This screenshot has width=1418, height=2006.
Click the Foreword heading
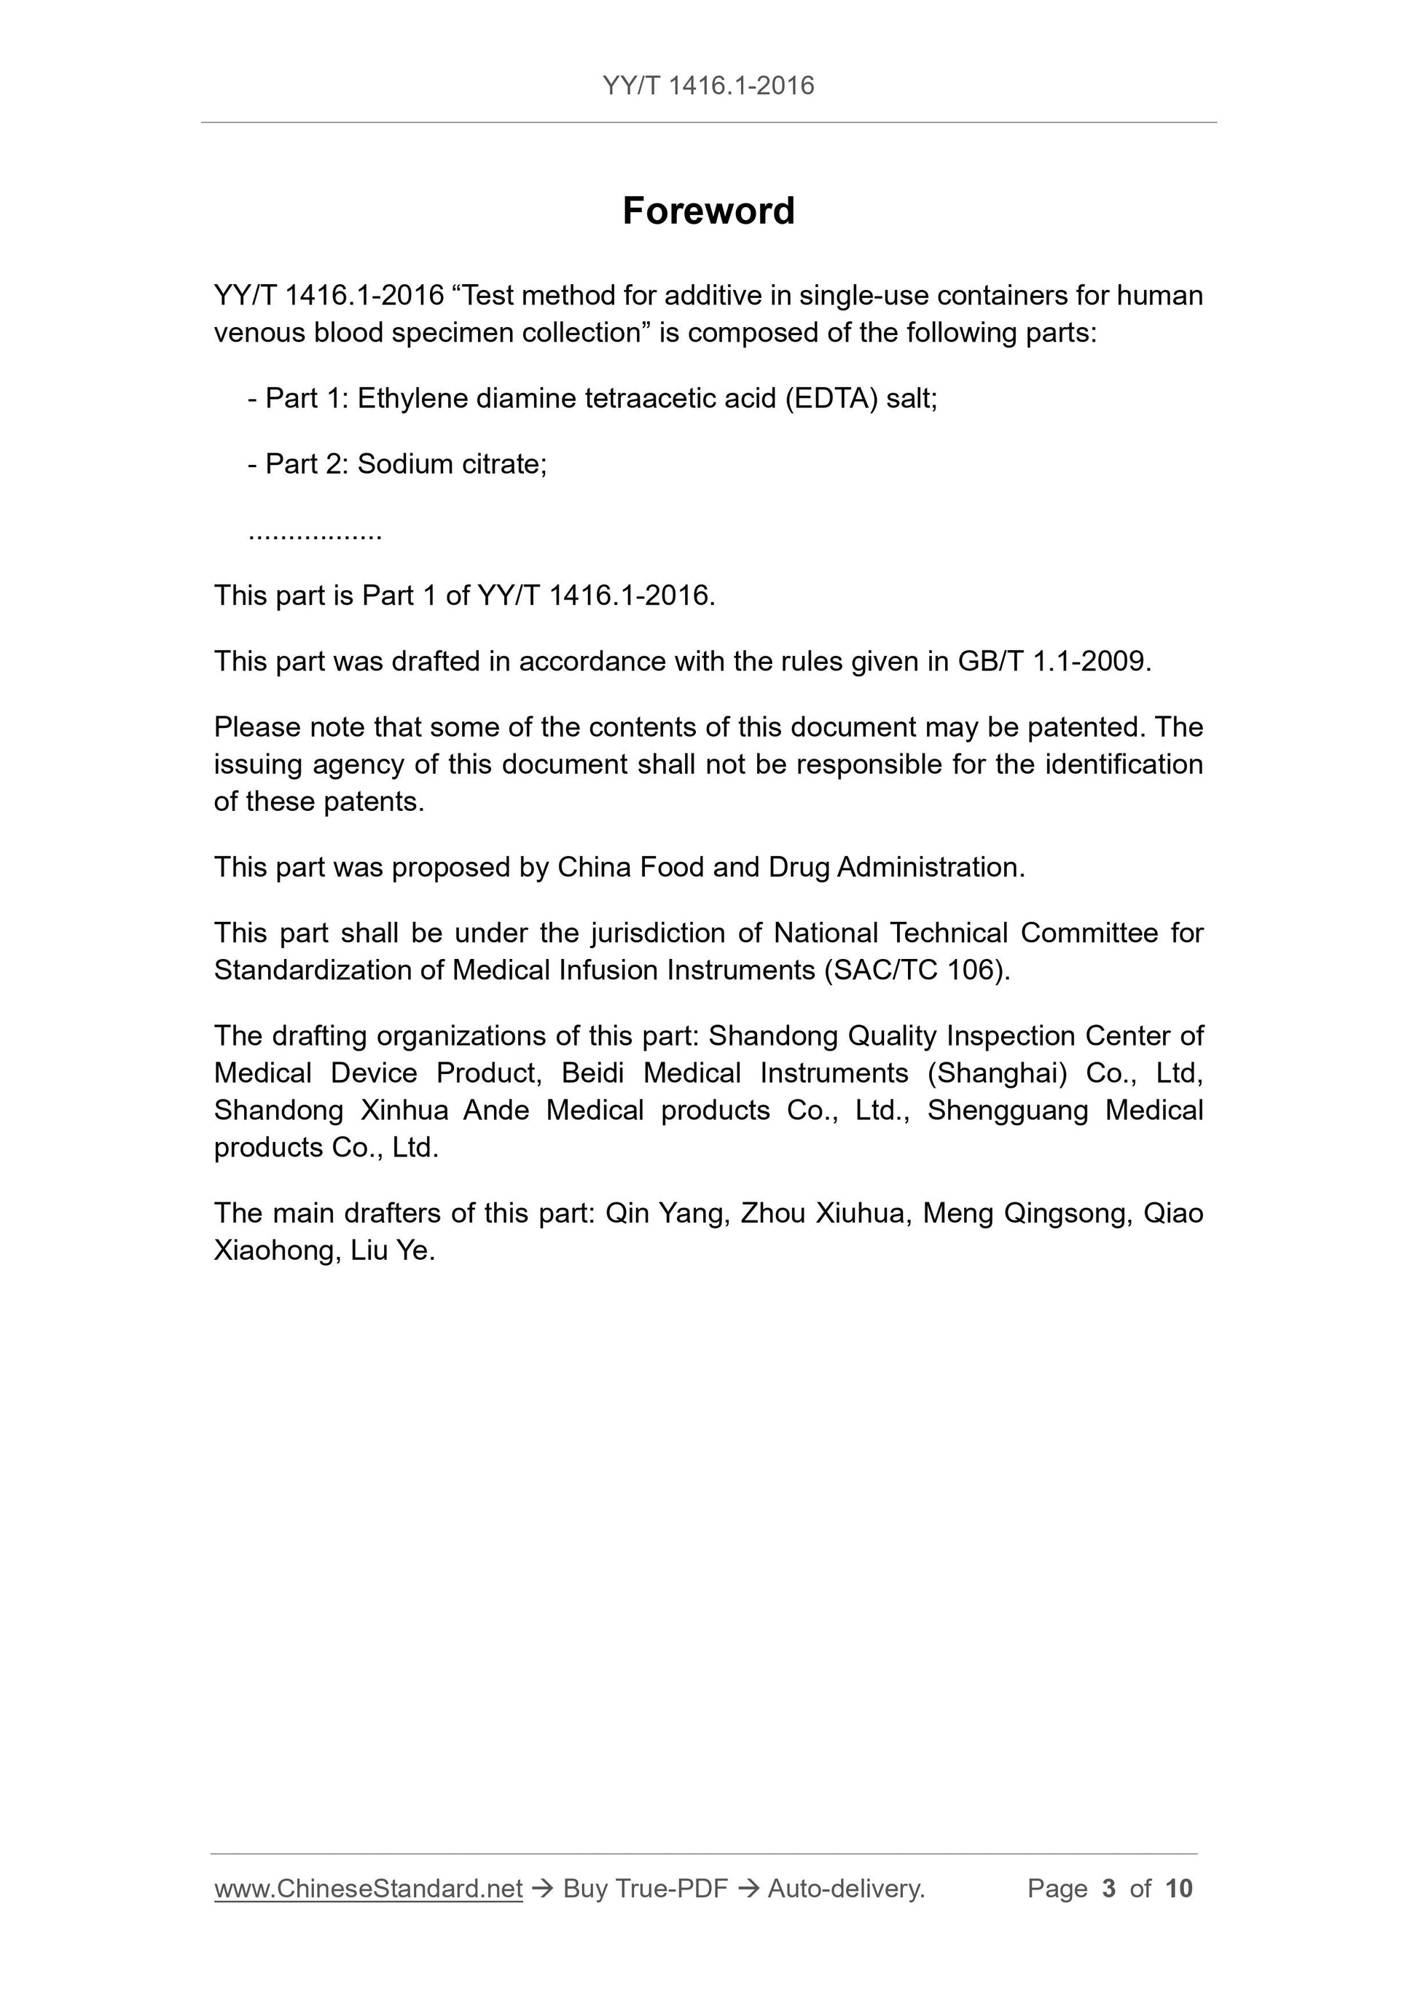[708, 211]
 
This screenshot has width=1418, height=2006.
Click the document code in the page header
[708, 86]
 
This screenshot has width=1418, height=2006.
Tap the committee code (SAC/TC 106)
[916, 971]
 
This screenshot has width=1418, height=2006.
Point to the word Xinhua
[404, 1110]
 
